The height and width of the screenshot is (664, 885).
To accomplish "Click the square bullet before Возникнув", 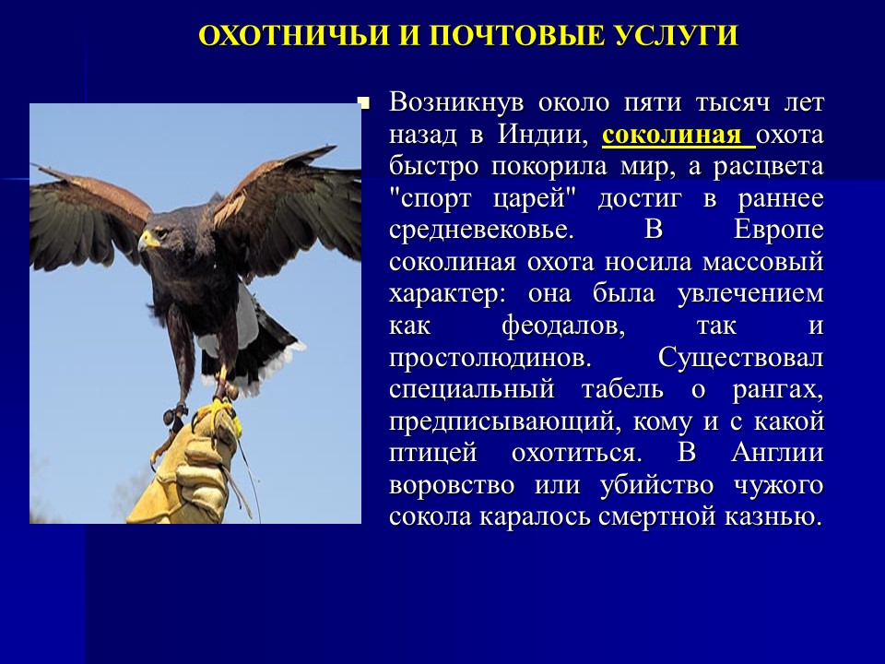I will (362, 102).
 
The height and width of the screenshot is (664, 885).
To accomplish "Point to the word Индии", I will (543, 136).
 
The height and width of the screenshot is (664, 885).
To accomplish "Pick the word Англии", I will (776, 453).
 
